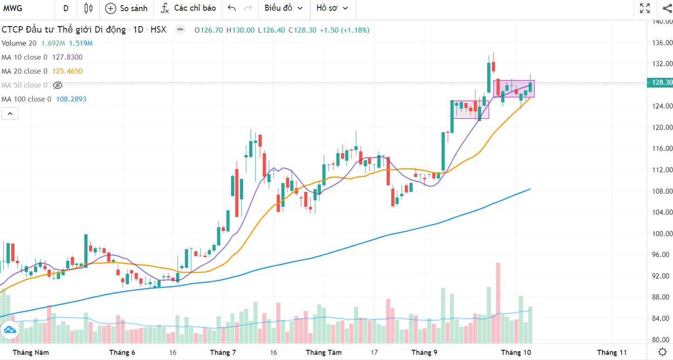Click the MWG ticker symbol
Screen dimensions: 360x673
(x=13, y=8)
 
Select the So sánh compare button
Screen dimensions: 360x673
(x=127, y=8)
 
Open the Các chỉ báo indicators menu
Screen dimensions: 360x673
(x=188, y=8)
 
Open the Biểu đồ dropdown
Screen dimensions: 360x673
(x=283, y=8)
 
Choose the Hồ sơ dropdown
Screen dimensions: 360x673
(x=332, y=8)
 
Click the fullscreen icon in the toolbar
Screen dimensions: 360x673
(x=645, y=8)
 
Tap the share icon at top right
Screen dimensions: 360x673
(x=666, y=8)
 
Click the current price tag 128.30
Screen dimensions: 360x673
(x=660, y=82)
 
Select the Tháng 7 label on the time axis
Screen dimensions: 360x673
(x=223, y=353)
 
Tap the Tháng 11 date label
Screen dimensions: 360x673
(x=612, y=353)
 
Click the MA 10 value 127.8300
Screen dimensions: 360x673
(x=68, y=57)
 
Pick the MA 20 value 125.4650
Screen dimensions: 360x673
(x=68, y=71)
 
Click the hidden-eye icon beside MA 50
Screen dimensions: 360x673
(x=58, y=85)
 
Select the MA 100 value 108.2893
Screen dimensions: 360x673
(x=71, y=99)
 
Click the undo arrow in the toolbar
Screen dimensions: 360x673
(x=232, y=8)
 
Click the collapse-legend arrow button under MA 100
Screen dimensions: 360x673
(x=10, y=113)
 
